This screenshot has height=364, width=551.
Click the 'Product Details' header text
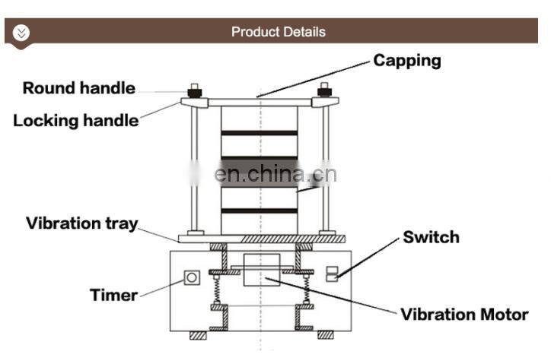(278, 32)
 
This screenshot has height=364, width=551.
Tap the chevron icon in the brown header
(21, 32)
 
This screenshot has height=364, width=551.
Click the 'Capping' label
(406, 61)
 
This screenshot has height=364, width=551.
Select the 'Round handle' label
(78, 88)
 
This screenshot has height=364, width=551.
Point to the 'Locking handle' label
(76, 120)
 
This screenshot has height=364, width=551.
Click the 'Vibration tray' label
(82, 223)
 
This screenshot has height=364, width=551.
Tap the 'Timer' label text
(113, 295)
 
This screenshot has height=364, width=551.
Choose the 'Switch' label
(431, 237)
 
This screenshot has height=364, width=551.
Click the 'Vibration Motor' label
(464, 314)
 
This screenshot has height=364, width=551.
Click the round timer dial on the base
(192, 278)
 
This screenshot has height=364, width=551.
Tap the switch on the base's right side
(331, 274)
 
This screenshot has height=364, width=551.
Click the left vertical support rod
(195, 167)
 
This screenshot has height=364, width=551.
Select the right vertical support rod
(326, 167)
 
